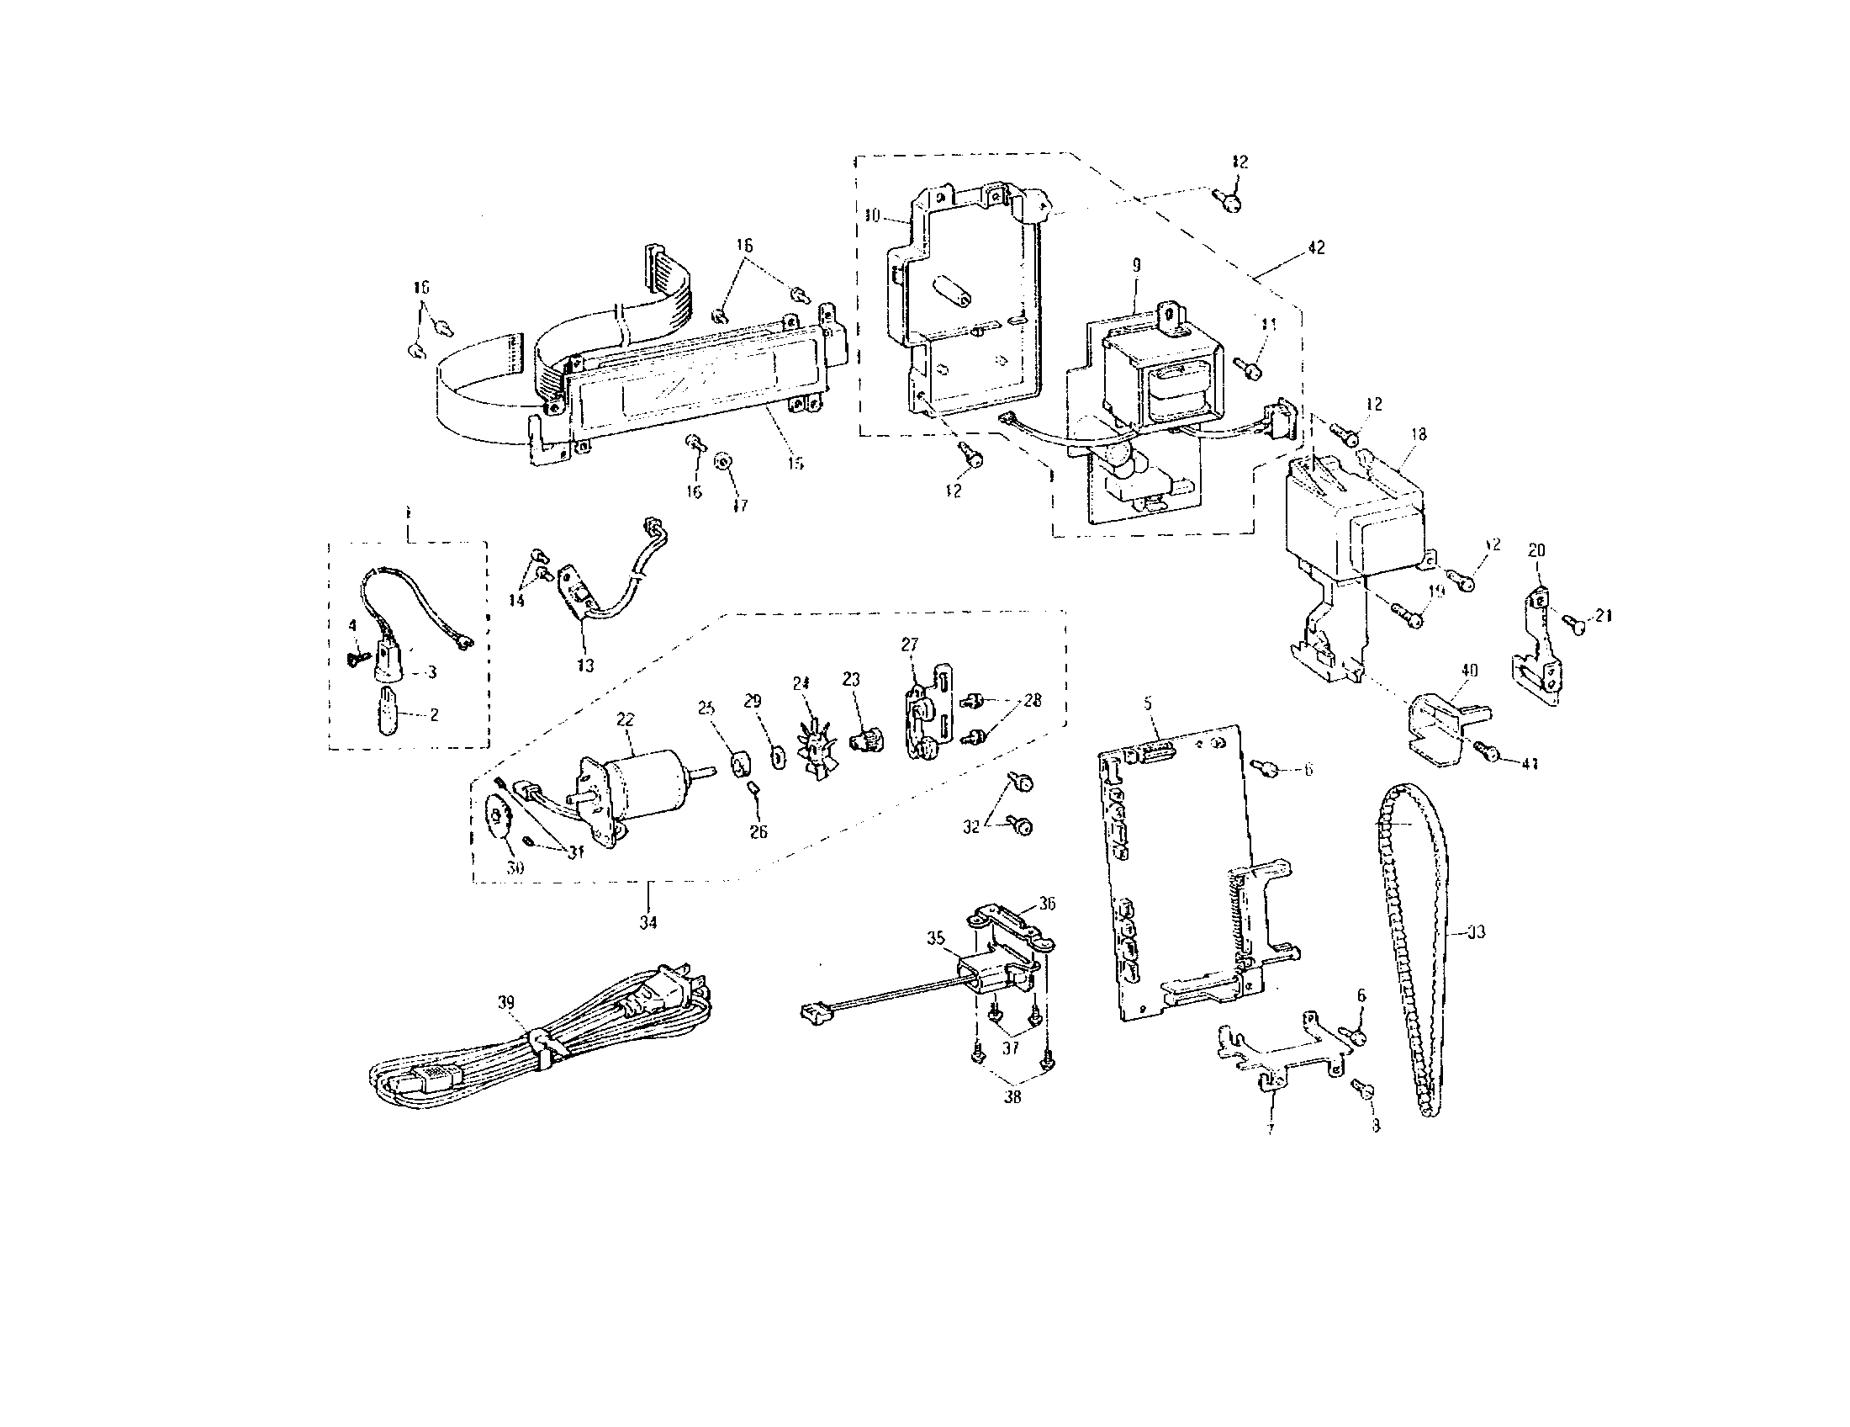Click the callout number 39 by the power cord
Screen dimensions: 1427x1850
click(x=505, y=1002)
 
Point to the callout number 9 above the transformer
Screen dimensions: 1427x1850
click(x=1136, y=266)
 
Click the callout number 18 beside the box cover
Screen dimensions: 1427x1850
click(x=1418, y=435)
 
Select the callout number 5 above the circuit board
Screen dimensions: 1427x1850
click(x=1148, y=703)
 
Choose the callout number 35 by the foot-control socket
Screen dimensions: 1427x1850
click(x=935, y=938)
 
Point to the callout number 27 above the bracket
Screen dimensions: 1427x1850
click(x=909, y=645)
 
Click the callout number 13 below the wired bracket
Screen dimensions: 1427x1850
click(x=584, y=666)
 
